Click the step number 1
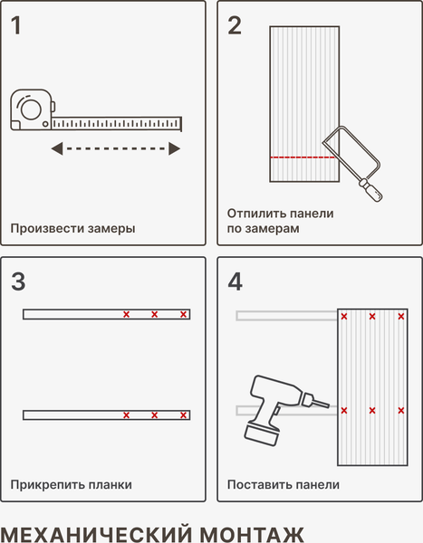[x=16, y=25]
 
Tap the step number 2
[x=235, y=25]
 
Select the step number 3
[x=18, y=281]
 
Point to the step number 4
[x=236, y=281]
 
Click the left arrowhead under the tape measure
[x=57, y=148]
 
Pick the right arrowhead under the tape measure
[x=175, y=148]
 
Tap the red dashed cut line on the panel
[x=303, y=157]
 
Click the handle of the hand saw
[x=370, y=190]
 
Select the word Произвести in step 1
[x=47, y=229]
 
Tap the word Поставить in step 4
[x=255, y=484]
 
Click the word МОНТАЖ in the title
[x=252, y=534]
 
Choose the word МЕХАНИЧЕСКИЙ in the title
[x=97, y=534]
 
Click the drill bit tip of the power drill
[x=328, y=405]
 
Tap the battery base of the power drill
[x=262, y=435]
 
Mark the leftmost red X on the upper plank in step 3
[x=127, y=314]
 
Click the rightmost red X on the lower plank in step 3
[x=183, y=414]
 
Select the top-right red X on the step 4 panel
[x=401, y=316]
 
